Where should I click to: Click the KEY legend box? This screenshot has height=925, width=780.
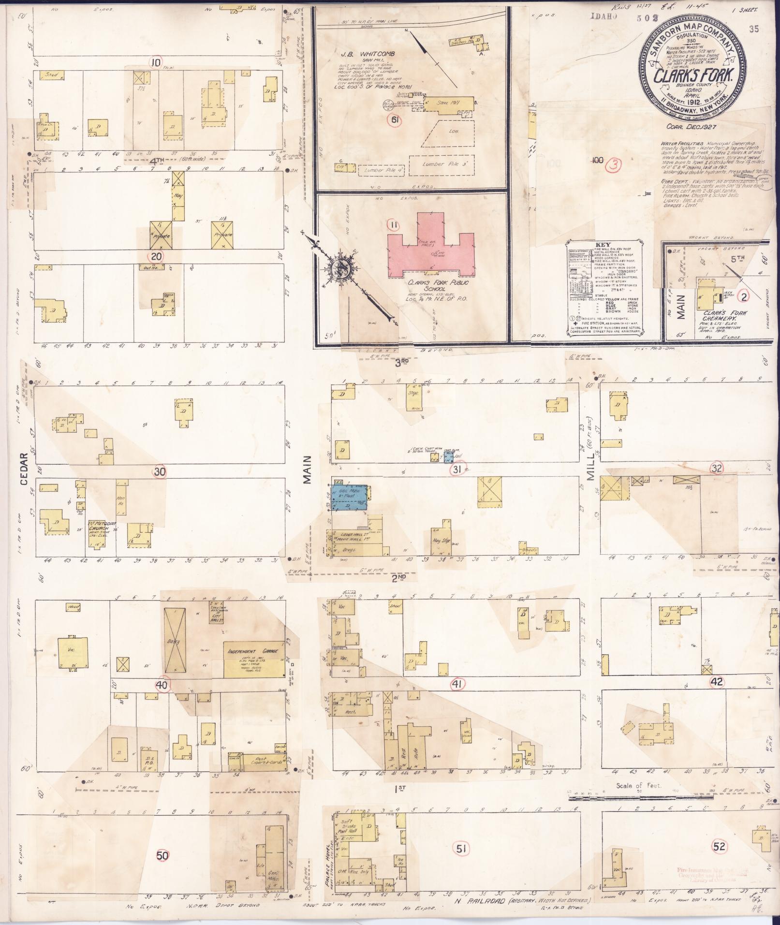[605, 288]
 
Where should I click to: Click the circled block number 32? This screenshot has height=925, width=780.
[717, 467]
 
